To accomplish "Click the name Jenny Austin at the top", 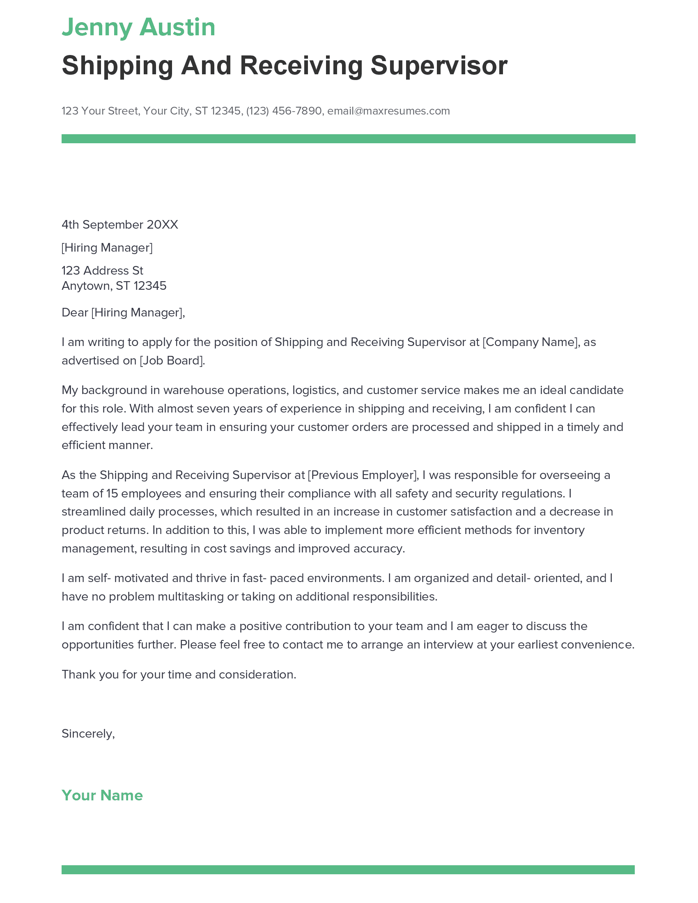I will point(138,27).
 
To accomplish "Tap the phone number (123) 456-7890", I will point(284,111).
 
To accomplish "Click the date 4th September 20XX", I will point(119,225).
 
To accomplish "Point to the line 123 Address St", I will point(102,270).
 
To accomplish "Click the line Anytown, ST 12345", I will point(114,286).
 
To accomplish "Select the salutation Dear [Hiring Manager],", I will point(123,312).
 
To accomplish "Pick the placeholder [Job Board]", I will point(172,360).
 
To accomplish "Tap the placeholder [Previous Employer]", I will point(363,474).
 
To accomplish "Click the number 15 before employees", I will point(112,493).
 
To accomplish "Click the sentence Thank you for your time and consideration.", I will point(179,674).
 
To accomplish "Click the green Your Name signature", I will point(102,795).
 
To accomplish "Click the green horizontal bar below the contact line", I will point(348,138).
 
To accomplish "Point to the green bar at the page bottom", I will point(348,869).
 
